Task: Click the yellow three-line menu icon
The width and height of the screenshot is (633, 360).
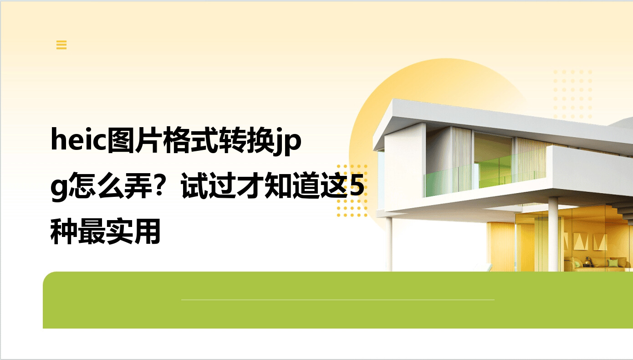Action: tap(61, 45)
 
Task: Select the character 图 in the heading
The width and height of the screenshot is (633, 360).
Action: tap(121, 140)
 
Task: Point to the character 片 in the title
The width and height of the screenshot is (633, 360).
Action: tap(148, 140)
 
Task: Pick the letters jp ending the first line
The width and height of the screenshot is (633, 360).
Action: tap(288, 141)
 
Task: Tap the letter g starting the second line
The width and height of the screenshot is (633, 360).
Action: tap(59, 188)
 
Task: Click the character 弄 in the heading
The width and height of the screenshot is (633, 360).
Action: tap(138, 185)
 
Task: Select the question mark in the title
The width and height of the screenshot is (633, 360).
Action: tap(160, 185)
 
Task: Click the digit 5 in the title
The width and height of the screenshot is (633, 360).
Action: tap(357, 185)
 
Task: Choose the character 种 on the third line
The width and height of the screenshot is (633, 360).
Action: tap(64, 231)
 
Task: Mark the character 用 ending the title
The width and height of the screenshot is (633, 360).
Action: tap(147, 231)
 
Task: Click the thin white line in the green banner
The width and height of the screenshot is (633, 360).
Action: tap(338, 299)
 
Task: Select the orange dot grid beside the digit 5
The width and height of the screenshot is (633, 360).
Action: tap(352, 190)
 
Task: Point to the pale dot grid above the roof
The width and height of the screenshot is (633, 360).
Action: tap(572, 94)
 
